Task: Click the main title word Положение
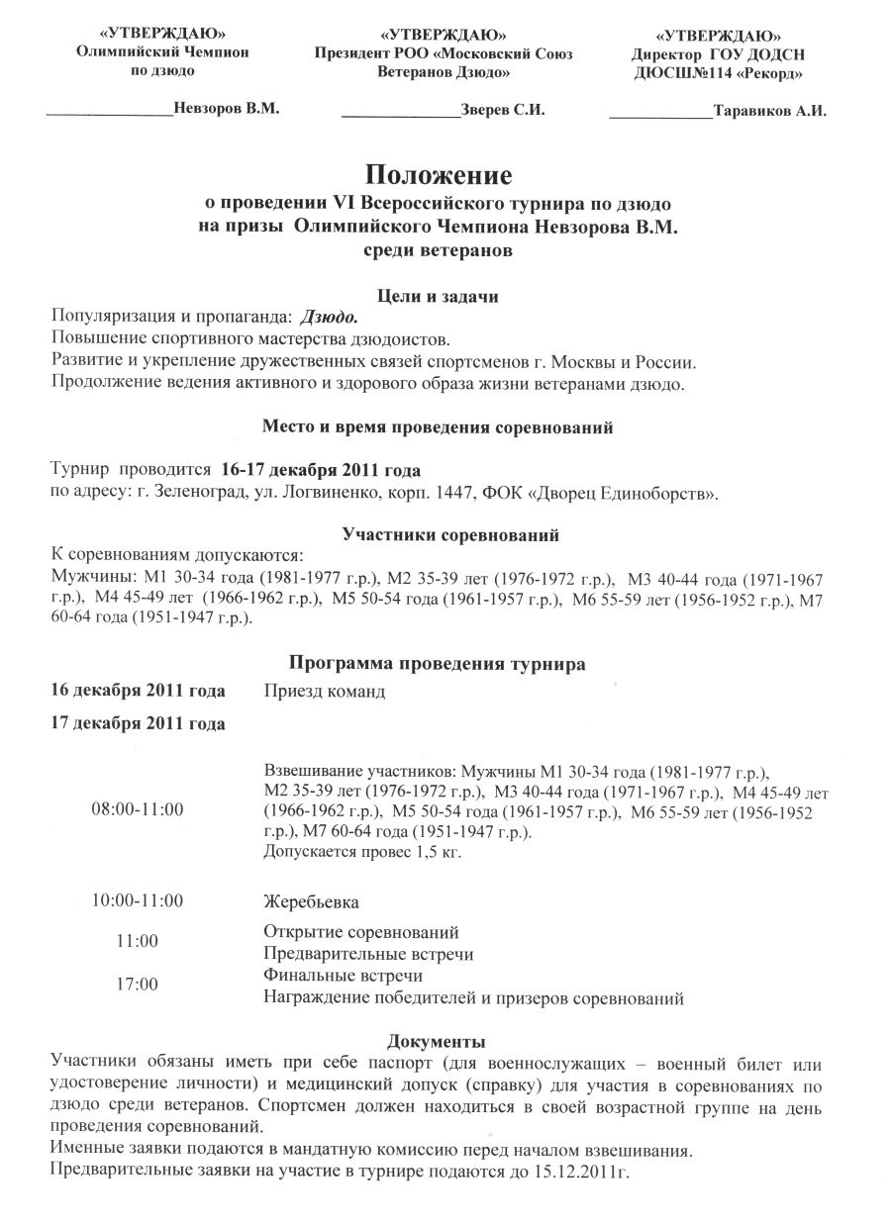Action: pyautogui.click(x=440, y=176)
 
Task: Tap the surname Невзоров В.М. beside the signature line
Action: pyautogui.click(x=227, y=109)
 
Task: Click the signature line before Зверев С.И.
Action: pyautogui.click(x=400, y=117)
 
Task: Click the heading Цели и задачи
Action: pyautogui.click(x=440, y=294)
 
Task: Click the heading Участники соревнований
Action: pyautogui.click(x=450, y=535)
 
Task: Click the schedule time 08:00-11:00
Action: pyautogui.click(x=138, y=808)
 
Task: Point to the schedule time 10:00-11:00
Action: pyautogui.click(x=138, y=900)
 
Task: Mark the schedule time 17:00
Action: pyautogui.click(x=138, y=985)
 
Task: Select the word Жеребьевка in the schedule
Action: pyautogui.click(x=310, y=902)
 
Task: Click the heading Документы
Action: pyautogui.click(x=437, y=1041)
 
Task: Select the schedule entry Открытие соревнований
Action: pyautogui.click(x=361, y=932)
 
